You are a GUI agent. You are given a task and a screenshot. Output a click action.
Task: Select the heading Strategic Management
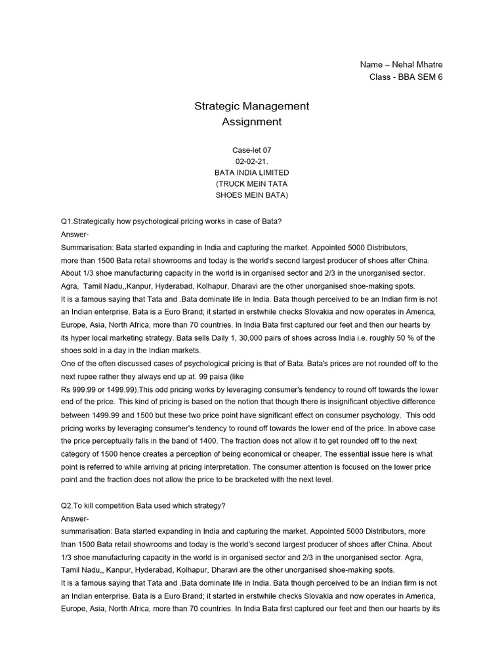point(251,105)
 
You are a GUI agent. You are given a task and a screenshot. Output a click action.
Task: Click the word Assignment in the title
point(251,121)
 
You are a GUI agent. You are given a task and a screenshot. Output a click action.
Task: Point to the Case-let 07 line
point(251,150)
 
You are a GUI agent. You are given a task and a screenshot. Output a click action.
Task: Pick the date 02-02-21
point(251,161)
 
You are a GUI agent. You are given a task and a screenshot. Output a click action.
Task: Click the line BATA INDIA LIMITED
point(251,172)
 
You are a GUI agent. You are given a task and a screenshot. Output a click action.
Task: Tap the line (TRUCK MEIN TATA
point(251,183)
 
